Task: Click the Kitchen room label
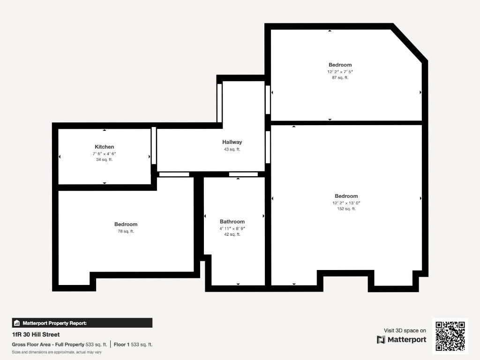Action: [105, 147]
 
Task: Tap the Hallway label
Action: [232, 142]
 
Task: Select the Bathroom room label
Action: [232, 222]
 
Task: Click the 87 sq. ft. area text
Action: [340, 77]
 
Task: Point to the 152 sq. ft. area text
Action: [346, 209]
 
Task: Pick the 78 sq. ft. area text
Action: [126, 232]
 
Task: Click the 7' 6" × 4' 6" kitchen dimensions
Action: [105, 154]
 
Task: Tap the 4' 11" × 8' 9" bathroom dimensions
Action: [232, 228]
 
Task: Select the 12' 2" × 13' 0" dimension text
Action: [346, 203]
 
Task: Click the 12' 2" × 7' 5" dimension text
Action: [340, 72]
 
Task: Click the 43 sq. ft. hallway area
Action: [232, 150]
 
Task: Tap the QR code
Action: [450, 336]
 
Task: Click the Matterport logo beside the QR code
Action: [401, 339]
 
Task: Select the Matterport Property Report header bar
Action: [82, 323]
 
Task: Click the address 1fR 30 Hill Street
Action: [36, 335]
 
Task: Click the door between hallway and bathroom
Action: [243, 174]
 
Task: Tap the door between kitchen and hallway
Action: [154, 146]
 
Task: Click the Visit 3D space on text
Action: [405, 330]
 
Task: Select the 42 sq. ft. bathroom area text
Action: [232, 234]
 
